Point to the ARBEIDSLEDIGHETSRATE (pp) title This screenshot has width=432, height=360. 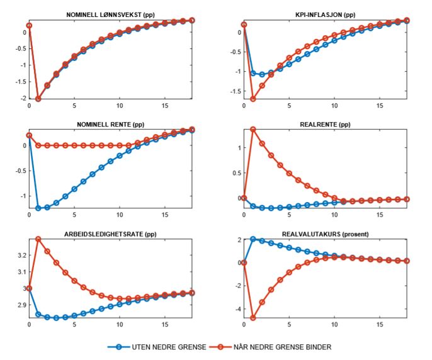click(111, 234)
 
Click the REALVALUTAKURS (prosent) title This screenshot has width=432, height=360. click(326, 234)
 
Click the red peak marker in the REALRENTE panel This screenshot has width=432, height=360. click(253, 130)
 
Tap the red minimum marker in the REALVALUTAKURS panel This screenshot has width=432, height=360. click(253, 318)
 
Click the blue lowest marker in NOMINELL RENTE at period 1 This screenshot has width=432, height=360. click(38, 208)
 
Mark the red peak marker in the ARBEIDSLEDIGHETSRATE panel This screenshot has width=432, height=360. click(38, 239)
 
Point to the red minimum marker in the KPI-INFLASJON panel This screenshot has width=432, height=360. click(253, 99)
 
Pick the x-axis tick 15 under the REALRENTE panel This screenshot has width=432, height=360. click(380, 215)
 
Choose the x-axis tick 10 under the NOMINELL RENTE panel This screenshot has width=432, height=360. click(120, 215)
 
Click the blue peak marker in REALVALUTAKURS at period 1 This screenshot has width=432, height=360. click(253, 239)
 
